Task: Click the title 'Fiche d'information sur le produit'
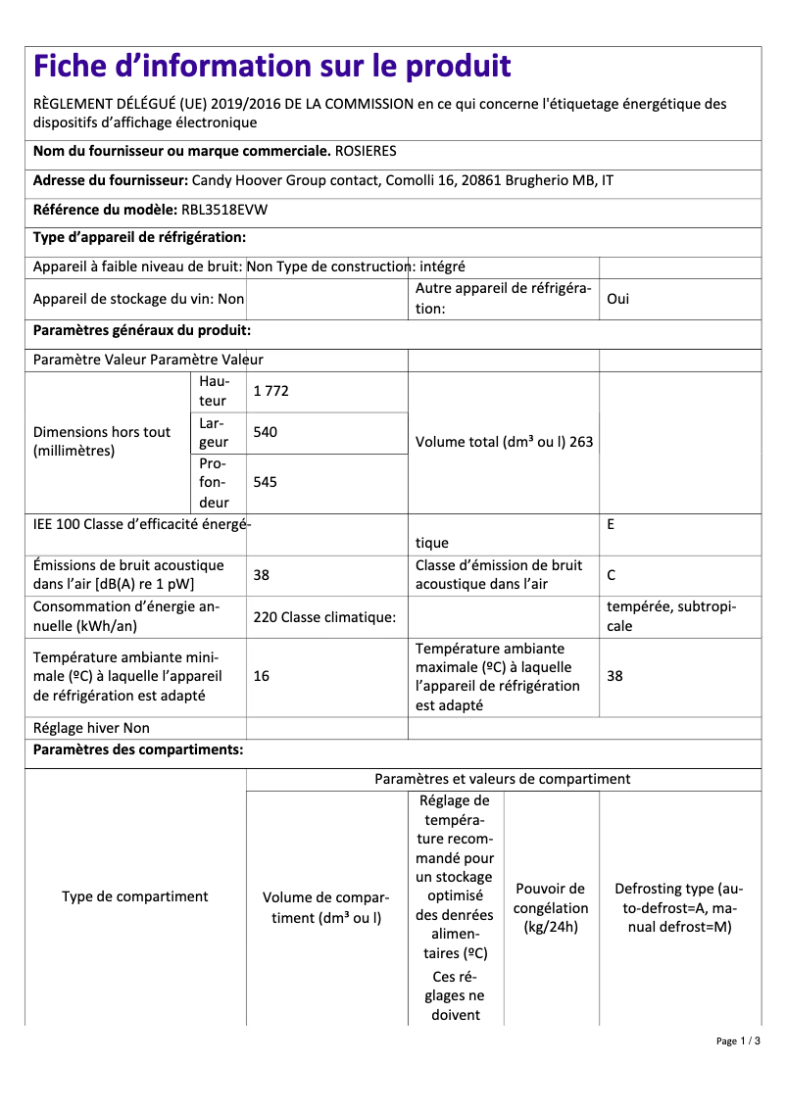point(271,67)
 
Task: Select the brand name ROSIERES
point(366,152)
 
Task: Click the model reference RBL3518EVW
point(224,210)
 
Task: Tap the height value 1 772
point(270,391)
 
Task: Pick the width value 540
point(265,432)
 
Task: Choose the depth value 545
point(265,482)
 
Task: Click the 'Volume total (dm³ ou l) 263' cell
point(504,442)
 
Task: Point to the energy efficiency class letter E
point(611,524)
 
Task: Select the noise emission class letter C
point(612,575)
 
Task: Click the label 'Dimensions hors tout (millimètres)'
point(102,442)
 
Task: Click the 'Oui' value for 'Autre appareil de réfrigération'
point(618,299)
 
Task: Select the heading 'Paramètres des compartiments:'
point(138,750)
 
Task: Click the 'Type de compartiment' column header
point(135,896)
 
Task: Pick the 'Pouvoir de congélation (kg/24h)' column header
point(551,907)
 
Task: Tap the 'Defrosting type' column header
point(679,907)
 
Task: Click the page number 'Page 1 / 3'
point(737,1040)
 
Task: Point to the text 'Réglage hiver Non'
point(91,728)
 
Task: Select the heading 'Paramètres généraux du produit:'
point(142,331)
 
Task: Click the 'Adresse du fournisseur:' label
point(111,181)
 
